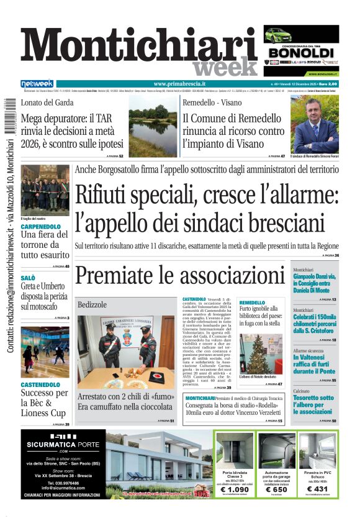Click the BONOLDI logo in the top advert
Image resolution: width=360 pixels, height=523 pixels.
[x=308, y=53]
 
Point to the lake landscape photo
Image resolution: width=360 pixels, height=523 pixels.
[x=152, y=129]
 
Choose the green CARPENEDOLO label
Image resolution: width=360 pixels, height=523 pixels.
[x=41, y=227]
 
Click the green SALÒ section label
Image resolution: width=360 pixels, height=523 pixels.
[x=28, y=278]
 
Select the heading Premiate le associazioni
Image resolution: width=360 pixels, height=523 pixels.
[x=179, y=274]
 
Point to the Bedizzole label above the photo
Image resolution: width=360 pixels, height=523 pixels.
[x=92, y=305]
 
